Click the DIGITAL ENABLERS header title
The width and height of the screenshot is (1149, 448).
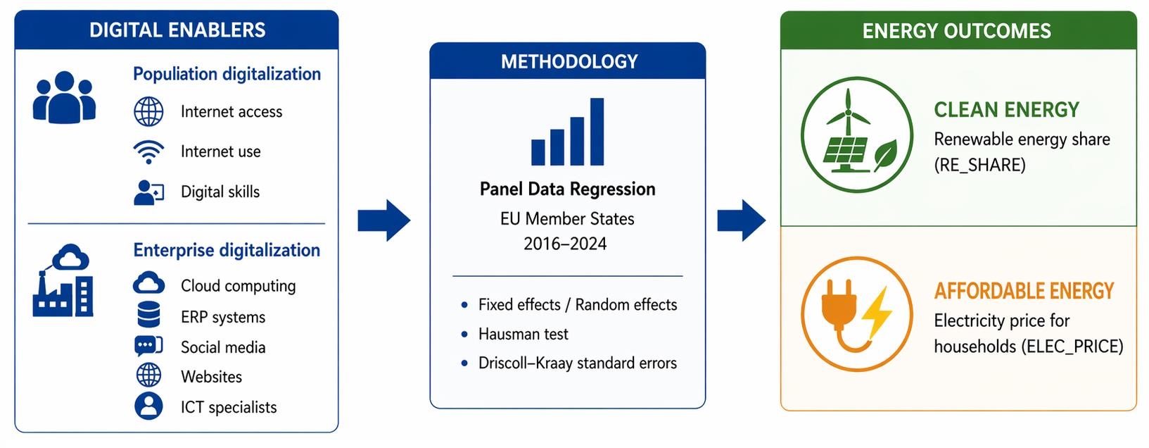177,30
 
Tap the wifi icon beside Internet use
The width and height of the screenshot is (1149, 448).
148,151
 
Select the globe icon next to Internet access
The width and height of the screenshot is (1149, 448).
148,112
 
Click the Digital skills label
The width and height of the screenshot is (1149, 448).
220,192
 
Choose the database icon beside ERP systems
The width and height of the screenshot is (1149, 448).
148,316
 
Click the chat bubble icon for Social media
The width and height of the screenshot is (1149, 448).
148,347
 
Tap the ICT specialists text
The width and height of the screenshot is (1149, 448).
229,407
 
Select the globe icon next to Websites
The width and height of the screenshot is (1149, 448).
148,376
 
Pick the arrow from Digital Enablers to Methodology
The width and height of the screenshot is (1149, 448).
383,220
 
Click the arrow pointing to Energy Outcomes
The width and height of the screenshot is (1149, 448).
742,220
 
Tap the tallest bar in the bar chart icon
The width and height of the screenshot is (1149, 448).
597,132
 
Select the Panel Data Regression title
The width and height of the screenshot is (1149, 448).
567,189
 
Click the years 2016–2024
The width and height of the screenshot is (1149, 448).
565,244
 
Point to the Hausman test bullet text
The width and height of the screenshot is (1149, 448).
523,334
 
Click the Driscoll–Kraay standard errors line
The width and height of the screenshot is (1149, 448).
577,363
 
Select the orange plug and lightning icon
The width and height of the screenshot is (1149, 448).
857,314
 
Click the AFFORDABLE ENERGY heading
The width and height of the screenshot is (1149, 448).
1024,291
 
